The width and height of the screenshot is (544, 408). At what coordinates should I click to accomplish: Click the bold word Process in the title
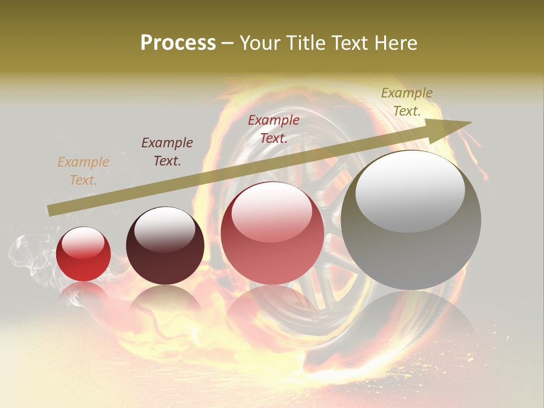178,43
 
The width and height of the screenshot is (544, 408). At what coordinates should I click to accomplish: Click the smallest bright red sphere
83,254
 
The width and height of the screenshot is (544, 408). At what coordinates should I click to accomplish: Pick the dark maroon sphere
165,246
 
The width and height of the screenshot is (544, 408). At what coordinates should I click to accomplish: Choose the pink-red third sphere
272,233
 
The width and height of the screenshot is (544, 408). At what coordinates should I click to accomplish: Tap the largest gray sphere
411,220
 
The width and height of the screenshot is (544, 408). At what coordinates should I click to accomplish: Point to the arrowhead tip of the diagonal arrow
471,122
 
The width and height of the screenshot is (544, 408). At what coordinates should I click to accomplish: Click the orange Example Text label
83,171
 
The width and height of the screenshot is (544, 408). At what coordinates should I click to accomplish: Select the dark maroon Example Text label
167,152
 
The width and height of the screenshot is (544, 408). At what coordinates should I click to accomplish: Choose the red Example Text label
274,129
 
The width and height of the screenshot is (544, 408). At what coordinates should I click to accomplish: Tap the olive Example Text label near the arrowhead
407,102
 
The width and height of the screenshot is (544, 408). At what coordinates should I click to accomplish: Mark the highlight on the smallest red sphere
83,243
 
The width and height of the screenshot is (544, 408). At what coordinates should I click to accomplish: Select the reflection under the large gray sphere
411,317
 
